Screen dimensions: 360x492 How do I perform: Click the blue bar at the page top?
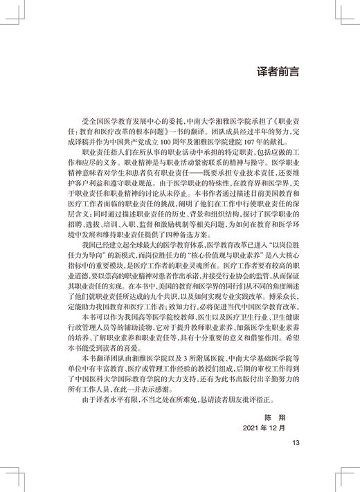click(x=180, y=3)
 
